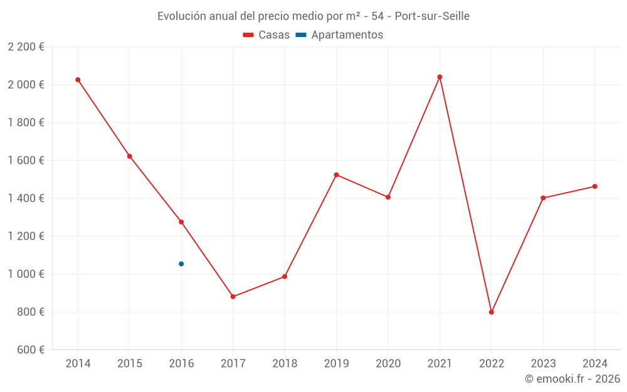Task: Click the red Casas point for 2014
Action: pyautogui.click(x=78, y=80)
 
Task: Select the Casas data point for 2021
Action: pyautogui.click(x=440, y=77)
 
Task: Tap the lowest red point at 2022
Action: pyautogui.click(x=492, y=312)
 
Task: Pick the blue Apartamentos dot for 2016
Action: pyautogui.click(x=181, y=264)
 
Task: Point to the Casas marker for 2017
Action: pyautogui.click(x=233, y=297)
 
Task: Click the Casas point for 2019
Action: pyautogui.click(x=336, y=175)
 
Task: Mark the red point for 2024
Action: pyautogui.click(x=595, y=186)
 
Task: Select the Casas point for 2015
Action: pyautogui.click(x=130, y=156)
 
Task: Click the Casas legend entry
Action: pyautogui.click(x=266, y=35)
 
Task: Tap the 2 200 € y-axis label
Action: pyautogui.click(x=26, y=47)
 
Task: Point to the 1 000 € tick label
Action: pyautogui.click(x=26, y=274)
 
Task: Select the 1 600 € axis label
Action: pyautogui.click(x=26, y=161)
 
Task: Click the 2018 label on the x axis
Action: pyautogui.click(x=285, y=364)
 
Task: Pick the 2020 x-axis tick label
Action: pyautogui.click(x=388, y=364)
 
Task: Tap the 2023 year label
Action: pyautogui.click(x=543, y=364)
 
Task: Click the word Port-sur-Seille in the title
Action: pyautogui.click(x=432, y=16)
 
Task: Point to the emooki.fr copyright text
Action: pyautogui.click(x=572, y=379)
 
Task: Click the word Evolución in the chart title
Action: pyautogui.click(x=181, y=16)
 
